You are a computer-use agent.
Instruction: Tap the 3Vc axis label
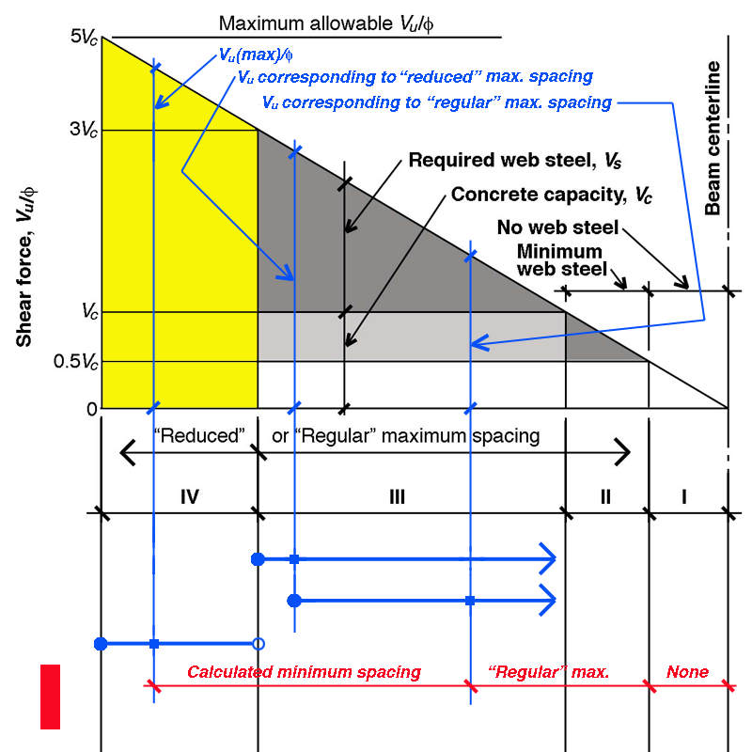tap(85, 130)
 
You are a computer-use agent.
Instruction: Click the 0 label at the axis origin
tap(91, 409)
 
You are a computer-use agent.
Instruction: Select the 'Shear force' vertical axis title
tap(27, 265)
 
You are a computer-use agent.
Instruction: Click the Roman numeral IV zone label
tap(189, 495)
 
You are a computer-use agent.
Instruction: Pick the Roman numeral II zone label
tap(604, 495)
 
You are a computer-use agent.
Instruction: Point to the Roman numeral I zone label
tap(683, 495)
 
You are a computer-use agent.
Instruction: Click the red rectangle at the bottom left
tap(50, 697)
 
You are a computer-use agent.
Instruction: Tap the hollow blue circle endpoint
tap(258, 644)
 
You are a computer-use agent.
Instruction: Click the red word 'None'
tap(687, 672)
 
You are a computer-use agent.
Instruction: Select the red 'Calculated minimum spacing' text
tap(304, 672)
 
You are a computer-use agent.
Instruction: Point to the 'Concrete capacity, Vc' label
tap(552, 196)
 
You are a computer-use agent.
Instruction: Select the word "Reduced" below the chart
tap(198, 436)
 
